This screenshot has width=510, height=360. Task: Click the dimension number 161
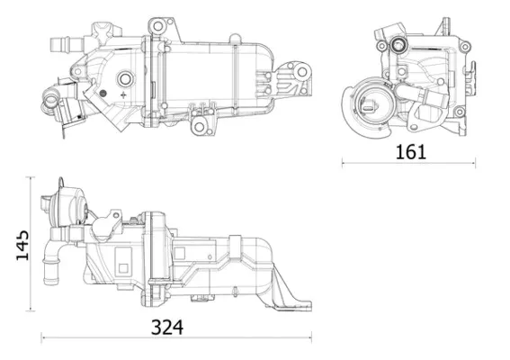[x=410, y=152]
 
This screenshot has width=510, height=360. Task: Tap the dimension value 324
[x=167, y=328]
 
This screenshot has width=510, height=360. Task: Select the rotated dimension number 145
[x=22, y=246]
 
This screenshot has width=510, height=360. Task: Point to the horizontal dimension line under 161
[x=408, y=163]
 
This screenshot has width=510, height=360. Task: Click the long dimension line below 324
[x=176, y=337]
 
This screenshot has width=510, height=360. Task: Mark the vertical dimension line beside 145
[x=31, y=244]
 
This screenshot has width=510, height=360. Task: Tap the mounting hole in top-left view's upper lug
[x=157, y=26]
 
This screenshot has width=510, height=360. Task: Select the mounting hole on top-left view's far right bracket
[x=302, y=72]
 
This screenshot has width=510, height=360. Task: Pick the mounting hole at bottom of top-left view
[x=199, y=126]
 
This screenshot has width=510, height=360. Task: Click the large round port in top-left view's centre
[x=125, y=78]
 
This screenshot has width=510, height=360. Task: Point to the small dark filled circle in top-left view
[x=103, y=94]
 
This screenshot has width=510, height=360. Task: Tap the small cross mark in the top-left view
[x=123, y=95]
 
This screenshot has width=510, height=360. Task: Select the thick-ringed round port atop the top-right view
[x=398, y=44]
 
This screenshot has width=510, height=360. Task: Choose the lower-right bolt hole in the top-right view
[x=460, y=112]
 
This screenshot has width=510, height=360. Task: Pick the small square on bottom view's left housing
[x=123, y=268]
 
